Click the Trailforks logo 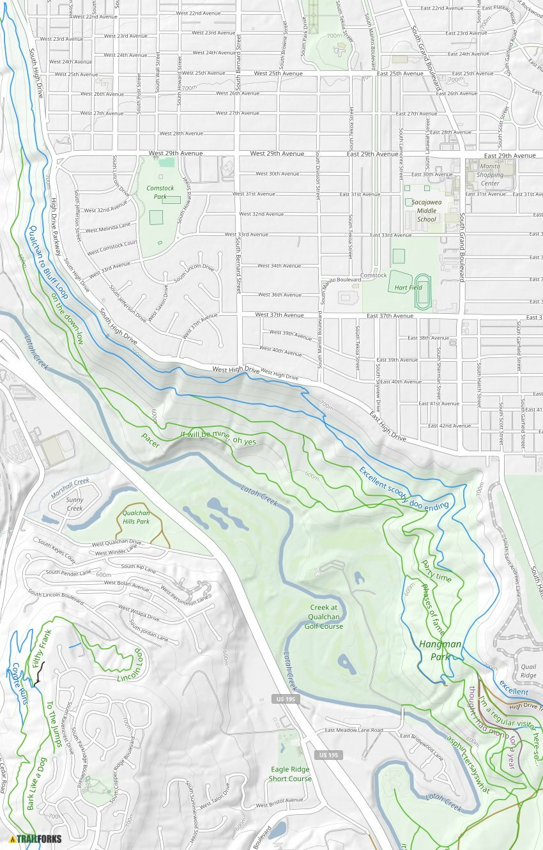click(x=36, y=838)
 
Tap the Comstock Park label click(x=160, y=192)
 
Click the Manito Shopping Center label click(x=490, y=174)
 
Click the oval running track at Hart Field click(x=422, y=292)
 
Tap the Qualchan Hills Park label click(x=135, y=517)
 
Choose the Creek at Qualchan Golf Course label click(x=326, y=617)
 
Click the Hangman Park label click(x=440, y=651)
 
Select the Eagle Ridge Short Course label click(x=290, y=774)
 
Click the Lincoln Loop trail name click(x=133, y=665)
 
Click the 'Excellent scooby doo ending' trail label click(x=404, y=489)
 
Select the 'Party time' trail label click(x=436, y=571)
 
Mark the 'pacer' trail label click(x=151, y=440)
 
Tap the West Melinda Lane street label click(x=108, y=226)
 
